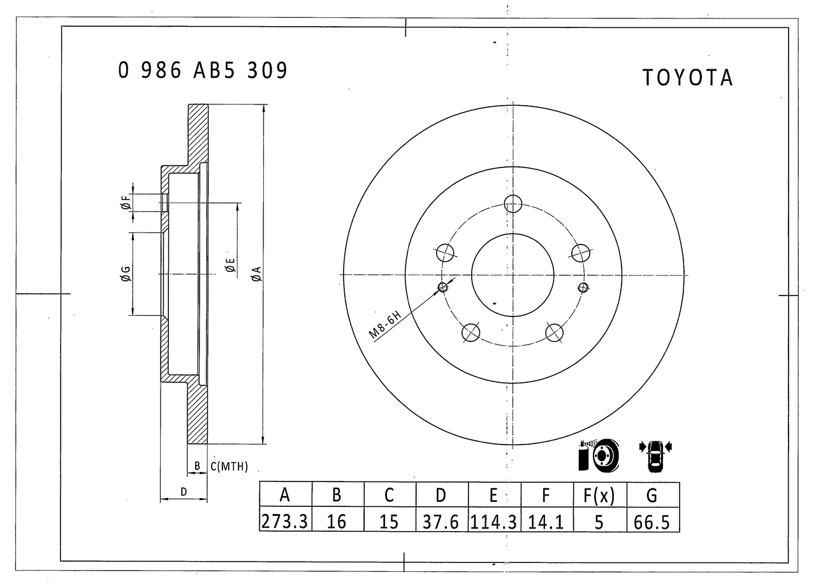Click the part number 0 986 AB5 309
pos(203,70)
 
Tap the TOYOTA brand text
pos(687,78)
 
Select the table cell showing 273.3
pos(285,522)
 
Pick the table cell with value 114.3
pos(494,522)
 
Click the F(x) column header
pos(599,494)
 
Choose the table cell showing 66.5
pos(652,522)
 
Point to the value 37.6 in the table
pos(441,522)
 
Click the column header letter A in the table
pos(285,494)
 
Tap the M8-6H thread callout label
pos(384,325)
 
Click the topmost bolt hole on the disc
pos(513,204)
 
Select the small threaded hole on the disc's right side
pos(581,287)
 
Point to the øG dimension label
pos(126,274)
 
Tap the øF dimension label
pos(126,203)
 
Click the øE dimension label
pos(230,266)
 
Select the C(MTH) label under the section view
pos(229,467)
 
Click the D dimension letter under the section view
pos(184,492)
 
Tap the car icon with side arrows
pos(655,456)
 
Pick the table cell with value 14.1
pos(546,522)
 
